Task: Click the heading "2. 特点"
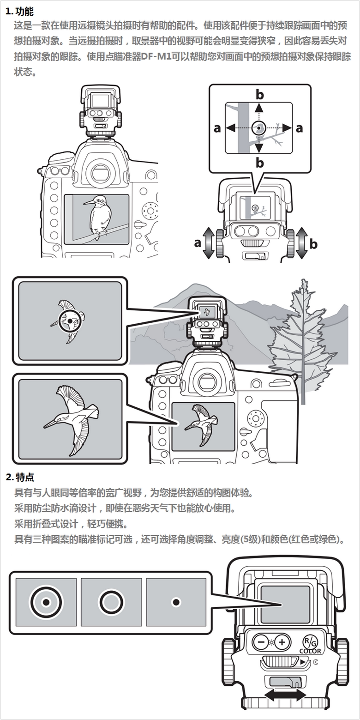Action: tap(19, 477)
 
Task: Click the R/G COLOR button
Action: tap(309, 642)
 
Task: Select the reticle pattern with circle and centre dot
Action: tap(46, 602)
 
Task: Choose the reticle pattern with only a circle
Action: tap(111, 602)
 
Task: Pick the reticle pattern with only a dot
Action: tap(176, 602)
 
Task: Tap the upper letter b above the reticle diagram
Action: tap(260, 95)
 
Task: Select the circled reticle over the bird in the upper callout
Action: tap(70, 320)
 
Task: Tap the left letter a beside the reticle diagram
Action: tap(217, 128)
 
